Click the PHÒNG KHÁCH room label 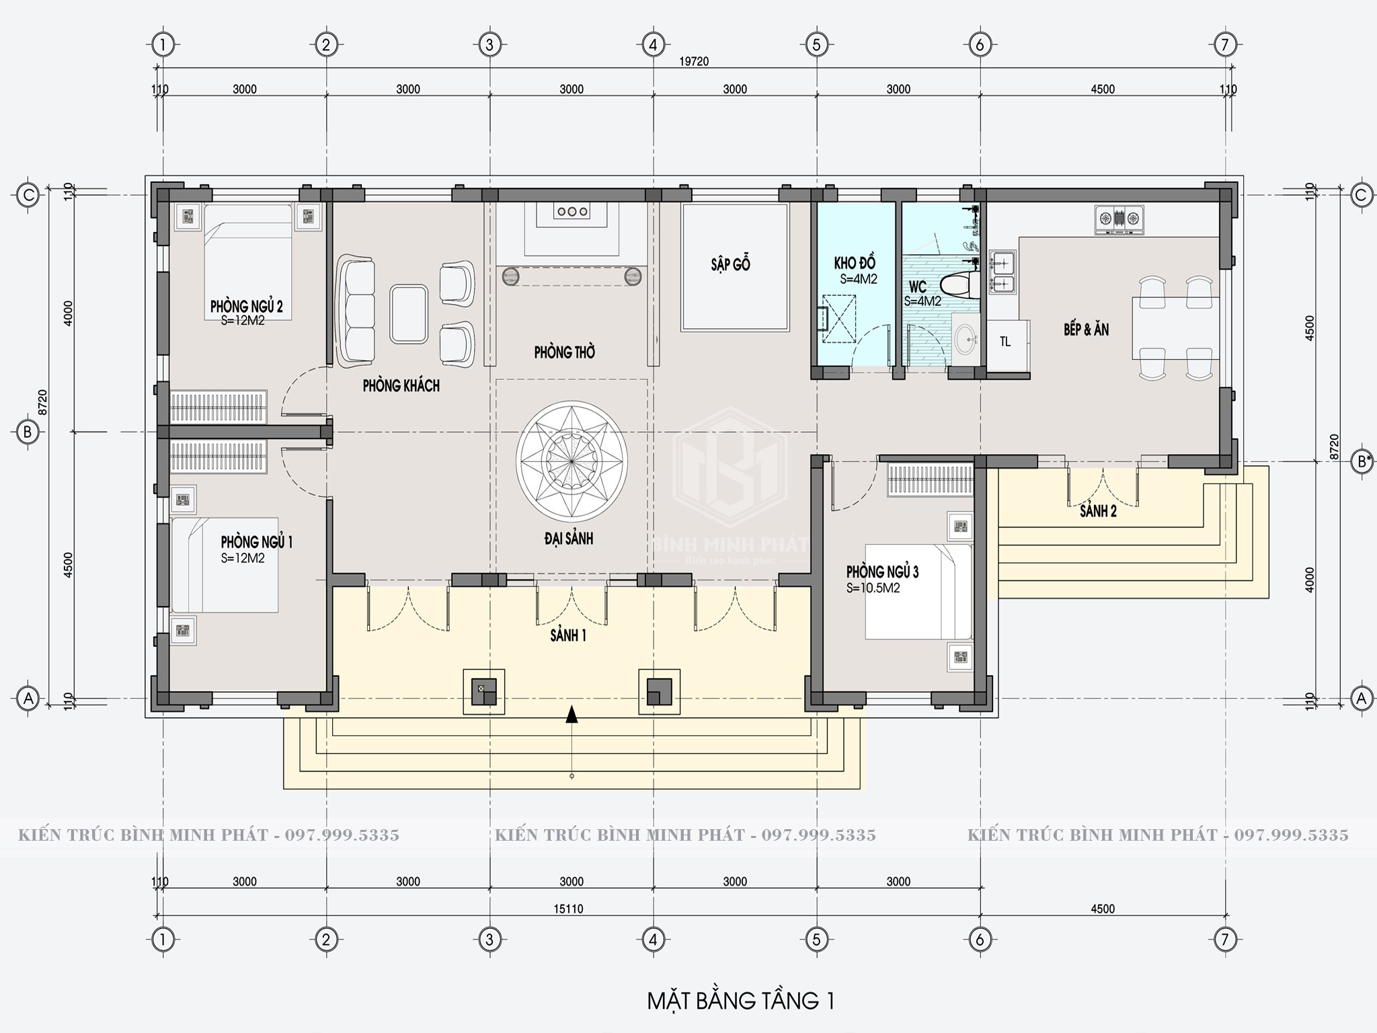tap(401, 385)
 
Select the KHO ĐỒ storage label tap(855, 263)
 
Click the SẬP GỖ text tap(730, 264)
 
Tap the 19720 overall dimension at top tap(695, 61)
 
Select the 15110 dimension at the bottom tap(569, 909)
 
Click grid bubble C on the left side tap(28, 195)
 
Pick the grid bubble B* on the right tap(1362, 462)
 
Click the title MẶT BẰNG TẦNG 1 tap(740, 1001)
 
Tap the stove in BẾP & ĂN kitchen tap(1119, 219)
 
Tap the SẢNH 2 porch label tap(1099, 511)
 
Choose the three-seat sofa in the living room tap(356, 311)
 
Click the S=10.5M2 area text tap(873, 588)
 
